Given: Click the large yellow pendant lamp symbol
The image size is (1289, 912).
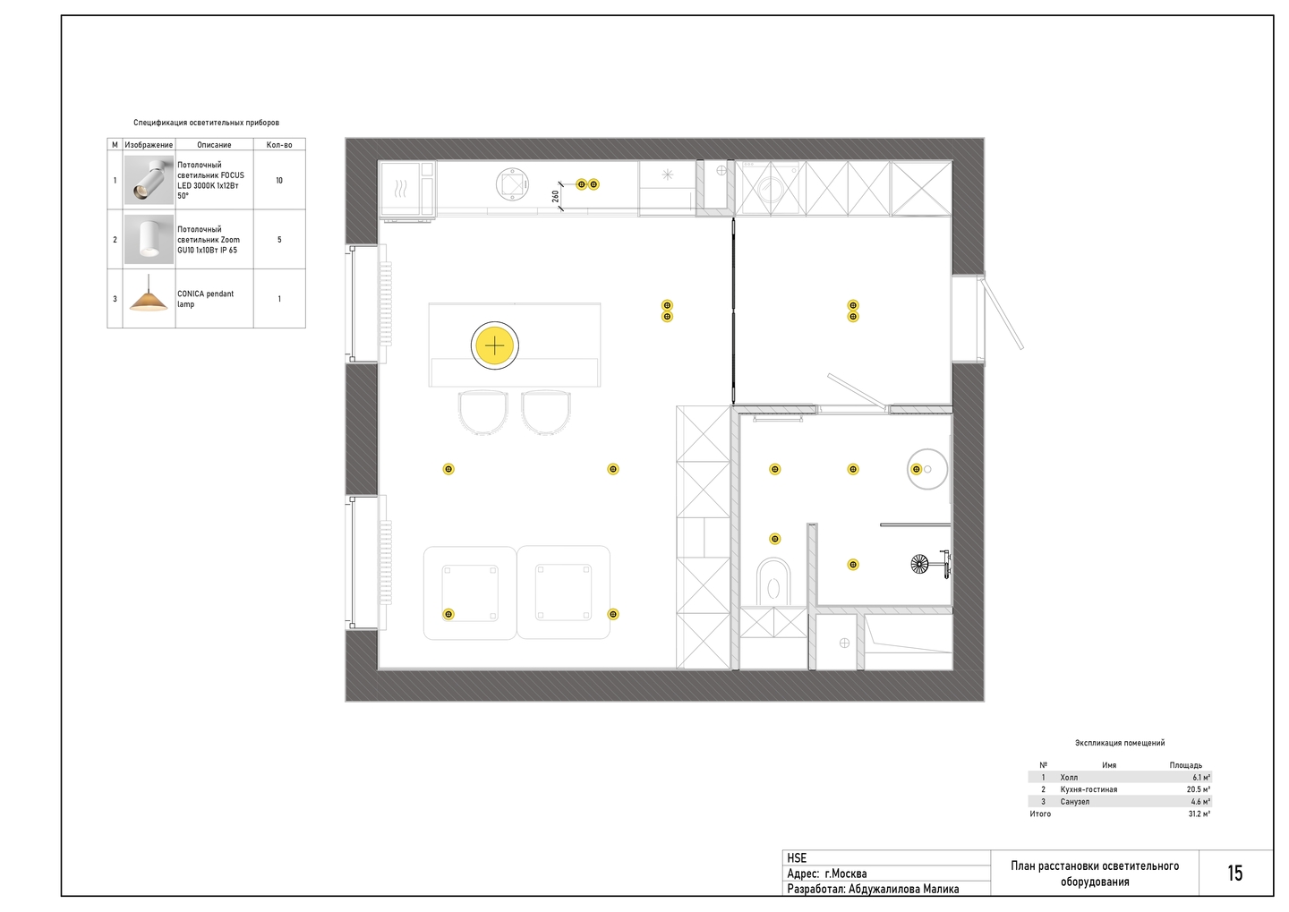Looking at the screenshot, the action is pyautogui.click(x=495, y=345).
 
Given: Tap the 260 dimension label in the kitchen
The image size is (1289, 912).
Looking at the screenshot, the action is pyautogui.click(x=555, y=196).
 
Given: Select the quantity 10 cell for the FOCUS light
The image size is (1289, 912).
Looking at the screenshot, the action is pyautogui.click(x=279, y=181).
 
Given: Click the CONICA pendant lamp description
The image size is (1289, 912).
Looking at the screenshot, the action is pyautogui.click(x=206, y=299).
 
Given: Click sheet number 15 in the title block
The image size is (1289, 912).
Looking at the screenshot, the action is pyautogui.click(x=1235, y=874).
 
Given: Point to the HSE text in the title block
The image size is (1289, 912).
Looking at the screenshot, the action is pyautogui.click(x=797, y=858).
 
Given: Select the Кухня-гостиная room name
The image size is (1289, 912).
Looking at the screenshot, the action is pyautogui.click(x=1088, y=789).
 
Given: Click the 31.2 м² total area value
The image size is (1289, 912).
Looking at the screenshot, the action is pyautogui.click(x=1199, y=814).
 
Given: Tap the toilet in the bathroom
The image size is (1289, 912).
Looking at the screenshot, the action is pyautogui.click(x=773, y=583).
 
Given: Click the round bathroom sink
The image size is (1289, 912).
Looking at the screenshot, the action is pyautogui.click(x=927, y=469).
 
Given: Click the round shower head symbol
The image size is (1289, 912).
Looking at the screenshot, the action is pyautogui.click(x=919, y=563).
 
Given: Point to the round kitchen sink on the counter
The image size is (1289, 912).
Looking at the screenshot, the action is pyautogui.click(x=512, y=184).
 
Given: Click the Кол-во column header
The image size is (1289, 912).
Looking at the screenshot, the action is pyautogui.click(x=279, y=145).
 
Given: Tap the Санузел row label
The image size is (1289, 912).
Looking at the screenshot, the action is pyautogui.click(x=1075, y=802).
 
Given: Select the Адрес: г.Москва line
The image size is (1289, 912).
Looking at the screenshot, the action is pyautogui.click(x=827, y=874).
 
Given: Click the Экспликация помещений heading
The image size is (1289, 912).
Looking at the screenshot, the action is pyautogui.click(x=1120, y=743).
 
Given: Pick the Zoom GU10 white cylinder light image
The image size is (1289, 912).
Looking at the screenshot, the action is pyautogui.click(x=149, y=239).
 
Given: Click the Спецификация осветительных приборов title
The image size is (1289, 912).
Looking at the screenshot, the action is pyautogui.click(x=206, y=123).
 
